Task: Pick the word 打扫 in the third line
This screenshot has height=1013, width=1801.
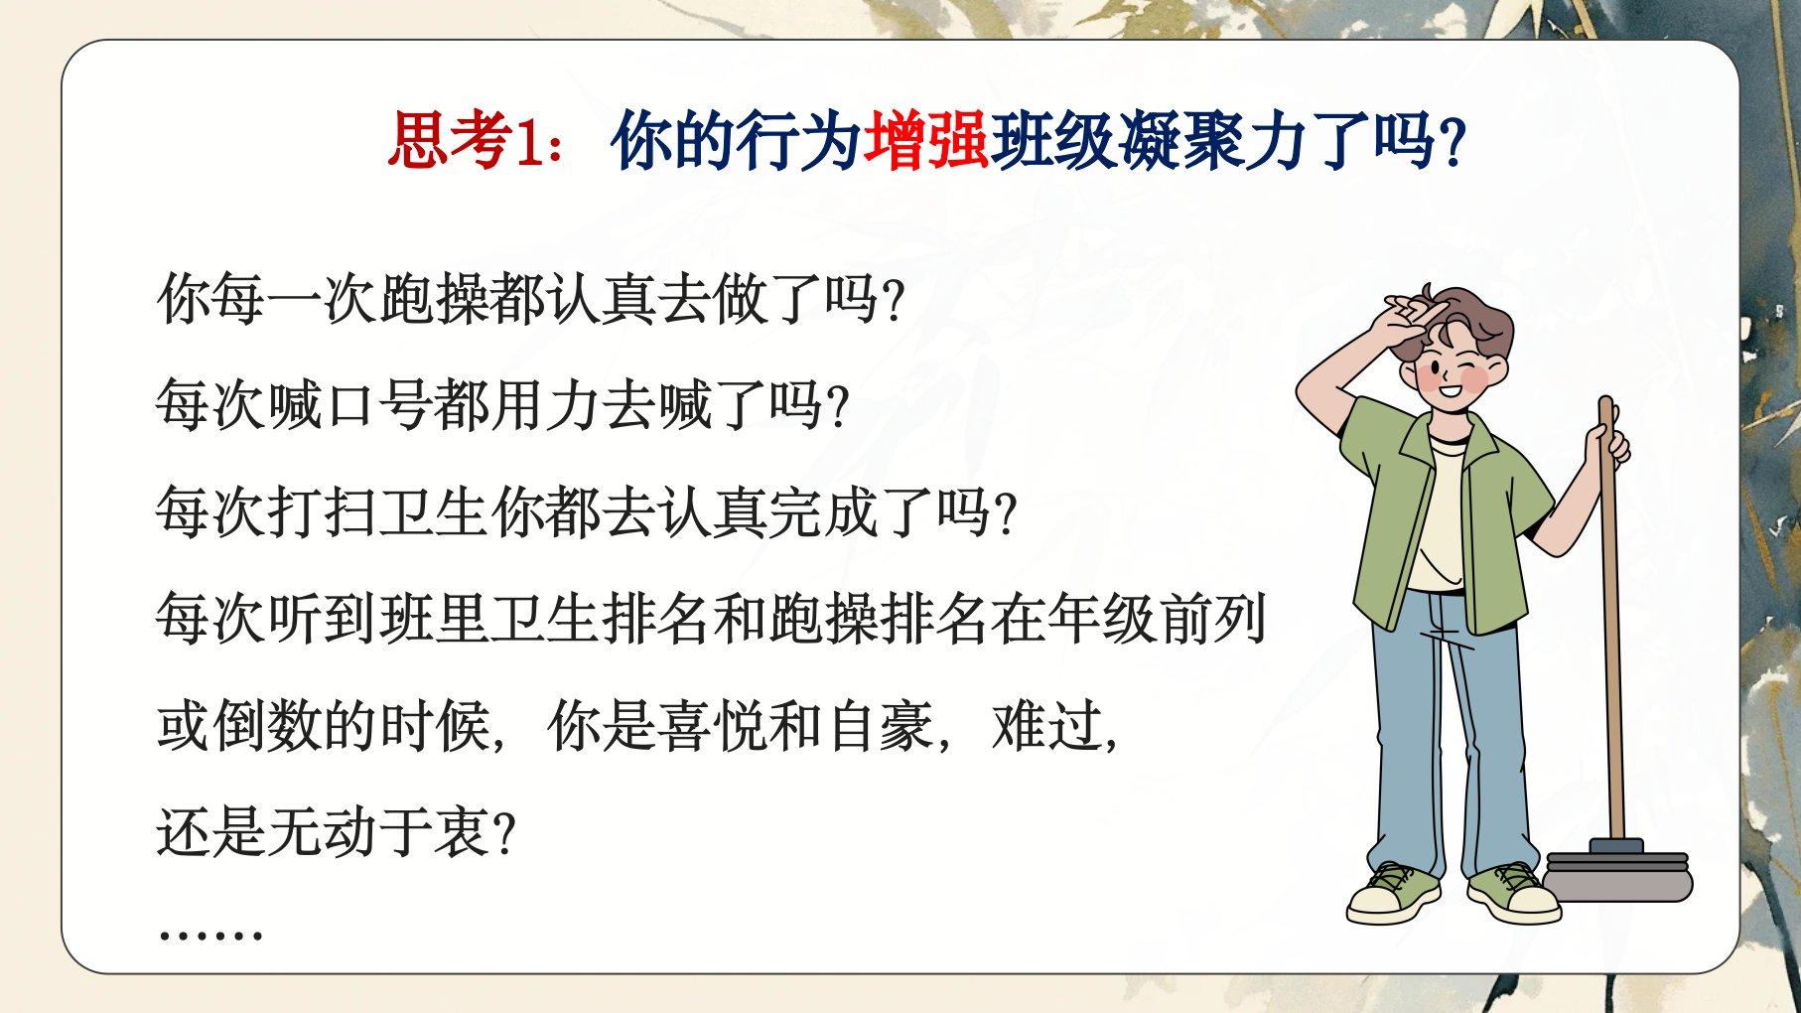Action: coord(323,512)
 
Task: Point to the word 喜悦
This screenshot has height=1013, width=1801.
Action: coord(712,726)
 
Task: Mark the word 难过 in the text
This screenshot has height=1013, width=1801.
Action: coord(1046,726)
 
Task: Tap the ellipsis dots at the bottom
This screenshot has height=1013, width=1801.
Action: coord(209,935)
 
